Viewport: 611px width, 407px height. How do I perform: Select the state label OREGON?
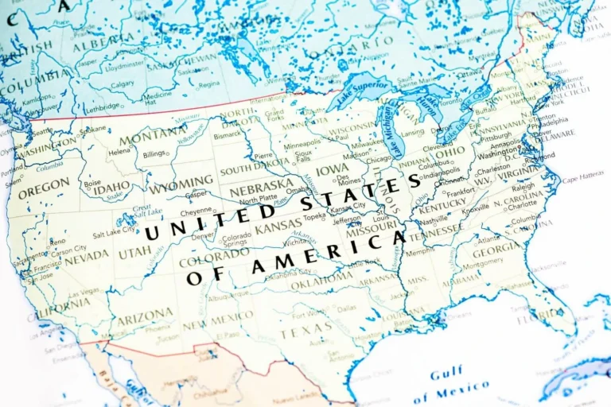pyautogui.click(x=44, y=188)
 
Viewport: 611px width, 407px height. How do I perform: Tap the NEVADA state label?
pyautogui.click(x=87, y=256)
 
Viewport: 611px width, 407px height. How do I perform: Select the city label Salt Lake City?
pyautogui.click(x=114, y=235)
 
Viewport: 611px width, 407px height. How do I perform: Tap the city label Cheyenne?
pyautogui.click(x=196, y=212)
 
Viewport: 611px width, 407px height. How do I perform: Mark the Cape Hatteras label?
pyautogui.click(x=583, y=180)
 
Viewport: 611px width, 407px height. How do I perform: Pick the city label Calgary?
pyautogui.click(x=123, y=83)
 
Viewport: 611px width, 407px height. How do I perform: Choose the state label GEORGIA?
pyautogui.click(x=497, y=248)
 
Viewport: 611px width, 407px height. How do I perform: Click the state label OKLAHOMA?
pyautogui.click(x=321, y=280)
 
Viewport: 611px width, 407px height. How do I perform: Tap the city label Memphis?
pyautogui.click(x=420, y=253)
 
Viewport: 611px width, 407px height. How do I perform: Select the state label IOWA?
pyautogui.click(x=332, y=169)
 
